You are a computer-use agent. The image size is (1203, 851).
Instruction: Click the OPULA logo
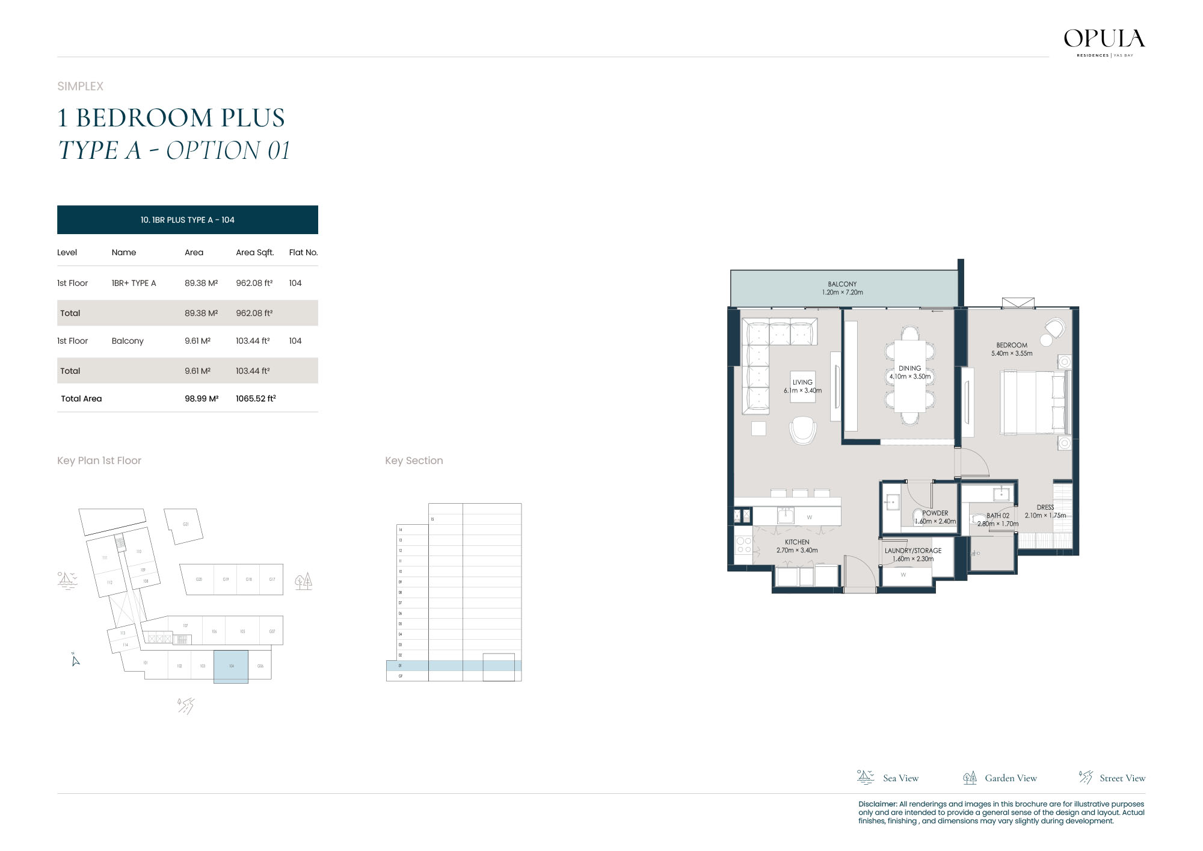point(1104,40)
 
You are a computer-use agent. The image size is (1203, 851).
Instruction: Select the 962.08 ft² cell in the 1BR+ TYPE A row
point(254,283)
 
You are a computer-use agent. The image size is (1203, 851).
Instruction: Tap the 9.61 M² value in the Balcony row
point(197,341)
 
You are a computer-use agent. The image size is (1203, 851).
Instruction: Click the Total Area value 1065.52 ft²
point(256,398)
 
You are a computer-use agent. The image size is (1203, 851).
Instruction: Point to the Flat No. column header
point(303,252)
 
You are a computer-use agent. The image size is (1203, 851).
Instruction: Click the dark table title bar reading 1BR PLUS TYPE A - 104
point(187,220)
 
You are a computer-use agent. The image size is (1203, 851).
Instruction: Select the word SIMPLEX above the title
point(80,86)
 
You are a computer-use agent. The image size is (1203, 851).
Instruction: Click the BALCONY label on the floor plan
point(842,284)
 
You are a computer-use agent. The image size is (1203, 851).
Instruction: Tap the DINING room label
point(909,368)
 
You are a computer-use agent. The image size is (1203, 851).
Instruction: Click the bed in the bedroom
point(1035,402)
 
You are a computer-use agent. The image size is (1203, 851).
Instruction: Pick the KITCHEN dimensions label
point(796,550)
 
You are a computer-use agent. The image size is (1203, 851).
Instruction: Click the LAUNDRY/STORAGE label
point(912,551)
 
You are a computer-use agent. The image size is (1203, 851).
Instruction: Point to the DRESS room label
point(1045,507)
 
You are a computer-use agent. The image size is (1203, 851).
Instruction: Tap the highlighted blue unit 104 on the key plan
point(231,666)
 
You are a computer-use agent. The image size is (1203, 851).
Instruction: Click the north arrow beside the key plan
point(75,660)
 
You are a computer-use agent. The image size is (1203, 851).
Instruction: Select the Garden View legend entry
point(1000,778)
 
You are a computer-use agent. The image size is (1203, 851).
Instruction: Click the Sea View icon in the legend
point(865,777)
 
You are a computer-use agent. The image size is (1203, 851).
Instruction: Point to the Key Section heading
point(414,460)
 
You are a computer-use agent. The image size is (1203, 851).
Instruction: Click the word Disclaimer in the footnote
point(877,804)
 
